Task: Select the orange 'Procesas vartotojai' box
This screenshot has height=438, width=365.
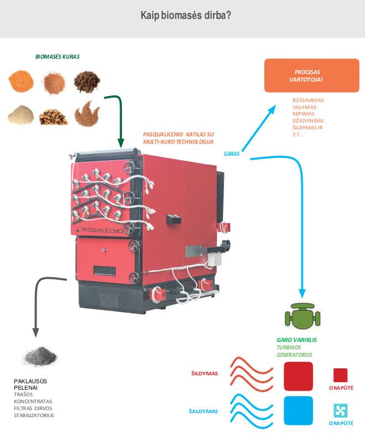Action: [x=307, y=76]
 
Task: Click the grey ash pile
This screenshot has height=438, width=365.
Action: [x=40, y=355]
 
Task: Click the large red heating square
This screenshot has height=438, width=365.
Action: [x=298, y=376]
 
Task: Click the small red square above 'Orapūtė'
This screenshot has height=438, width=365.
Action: [x=340, y=376]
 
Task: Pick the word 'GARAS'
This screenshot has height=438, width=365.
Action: [x=232, y=154]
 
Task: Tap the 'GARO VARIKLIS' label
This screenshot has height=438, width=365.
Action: [x=296, y=340]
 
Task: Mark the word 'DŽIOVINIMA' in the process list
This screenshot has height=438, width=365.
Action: [x=308, y=120]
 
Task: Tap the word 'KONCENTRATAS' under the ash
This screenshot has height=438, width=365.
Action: [x=33, y=402]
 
